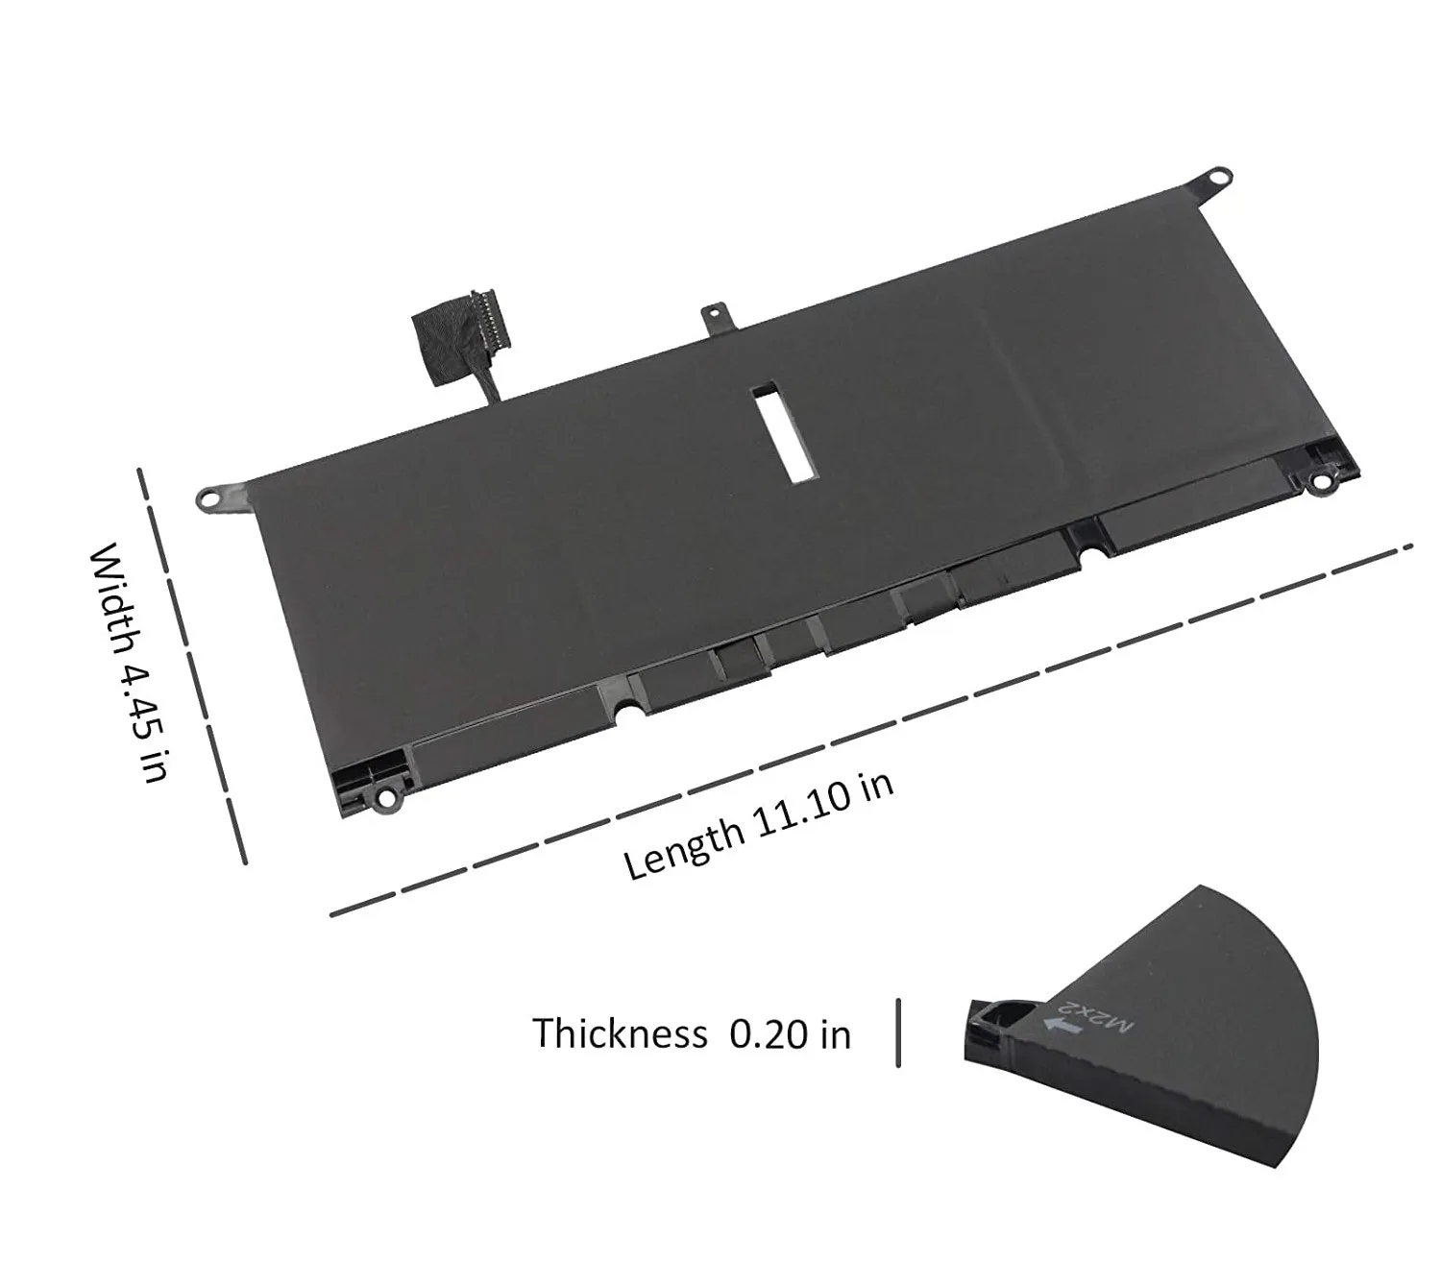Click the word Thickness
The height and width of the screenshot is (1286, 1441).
tap(619, 1033)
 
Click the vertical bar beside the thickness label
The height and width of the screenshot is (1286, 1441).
tap(898, 1032)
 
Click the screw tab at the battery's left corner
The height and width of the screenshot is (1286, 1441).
tap(211, 497)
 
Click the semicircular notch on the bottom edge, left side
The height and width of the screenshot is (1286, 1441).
tap(624, 712)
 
